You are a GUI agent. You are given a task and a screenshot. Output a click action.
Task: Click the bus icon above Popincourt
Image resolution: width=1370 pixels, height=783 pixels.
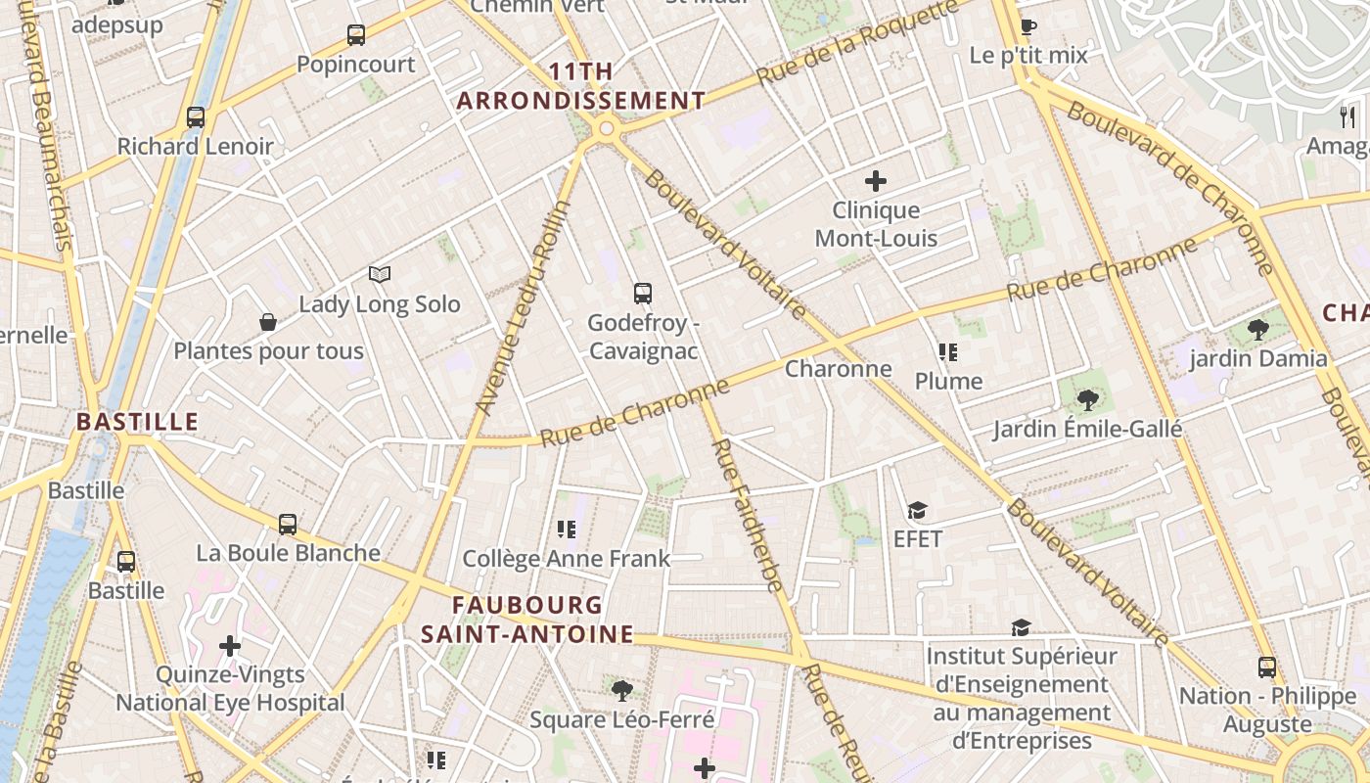[356, 35]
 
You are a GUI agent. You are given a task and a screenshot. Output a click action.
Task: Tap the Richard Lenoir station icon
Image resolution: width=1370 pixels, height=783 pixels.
[196, 117]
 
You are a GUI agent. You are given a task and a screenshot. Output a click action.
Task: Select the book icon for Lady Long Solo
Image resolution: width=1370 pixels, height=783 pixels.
[380, 275]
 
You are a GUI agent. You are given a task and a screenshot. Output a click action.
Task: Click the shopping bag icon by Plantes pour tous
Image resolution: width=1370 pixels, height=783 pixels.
[267, 322]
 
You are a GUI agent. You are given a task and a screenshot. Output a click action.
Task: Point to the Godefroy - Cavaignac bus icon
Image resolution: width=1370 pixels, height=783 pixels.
[642, 293]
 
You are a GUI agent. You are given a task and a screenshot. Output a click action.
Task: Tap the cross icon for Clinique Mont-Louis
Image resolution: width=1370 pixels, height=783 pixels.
[876, 181]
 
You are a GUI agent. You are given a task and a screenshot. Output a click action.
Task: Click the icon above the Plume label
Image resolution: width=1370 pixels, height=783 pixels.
[947, 351]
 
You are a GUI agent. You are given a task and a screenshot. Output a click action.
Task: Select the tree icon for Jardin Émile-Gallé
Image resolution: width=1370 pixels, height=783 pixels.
[1087, 399]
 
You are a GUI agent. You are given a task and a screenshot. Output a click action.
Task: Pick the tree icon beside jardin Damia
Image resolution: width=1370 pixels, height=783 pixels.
[1258, 330]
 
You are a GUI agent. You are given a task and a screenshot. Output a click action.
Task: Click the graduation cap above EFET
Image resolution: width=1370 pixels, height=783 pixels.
[917, 510]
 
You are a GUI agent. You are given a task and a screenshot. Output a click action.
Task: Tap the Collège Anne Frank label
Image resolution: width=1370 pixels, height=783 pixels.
[566, 559]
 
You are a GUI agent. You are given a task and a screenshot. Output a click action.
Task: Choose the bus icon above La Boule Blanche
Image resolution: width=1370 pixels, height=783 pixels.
[288, 524]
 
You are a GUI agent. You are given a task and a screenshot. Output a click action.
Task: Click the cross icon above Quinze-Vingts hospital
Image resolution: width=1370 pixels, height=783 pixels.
[230, 646]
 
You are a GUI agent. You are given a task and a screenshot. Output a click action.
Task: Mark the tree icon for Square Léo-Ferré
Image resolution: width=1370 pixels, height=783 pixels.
[621, 691]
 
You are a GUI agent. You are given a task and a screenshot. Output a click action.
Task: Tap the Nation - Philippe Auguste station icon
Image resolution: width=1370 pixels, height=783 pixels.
[1267, 668]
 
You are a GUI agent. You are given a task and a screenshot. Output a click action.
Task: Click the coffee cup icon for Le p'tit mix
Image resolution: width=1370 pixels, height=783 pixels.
[1027, 26]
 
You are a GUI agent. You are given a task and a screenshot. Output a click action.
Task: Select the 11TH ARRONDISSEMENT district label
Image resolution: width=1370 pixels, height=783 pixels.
[581, 86]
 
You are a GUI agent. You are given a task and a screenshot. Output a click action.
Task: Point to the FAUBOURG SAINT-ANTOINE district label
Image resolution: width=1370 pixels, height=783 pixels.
[526, 620]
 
